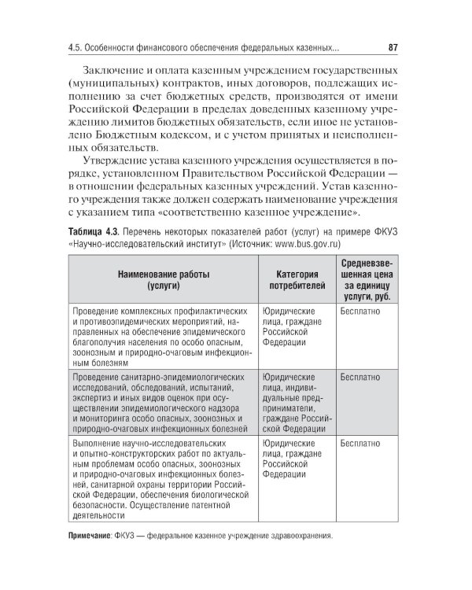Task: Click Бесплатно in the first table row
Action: [361, 312]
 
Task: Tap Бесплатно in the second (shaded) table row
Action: [361, 378]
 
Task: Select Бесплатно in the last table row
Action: [361, 444]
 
